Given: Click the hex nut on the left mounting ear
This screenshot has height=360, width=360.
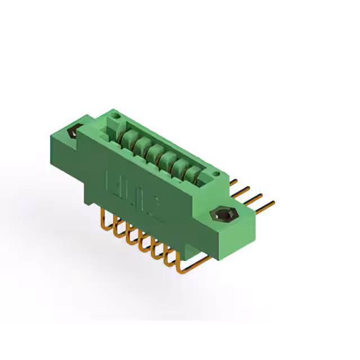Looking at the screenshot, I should tap(73, 133).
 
